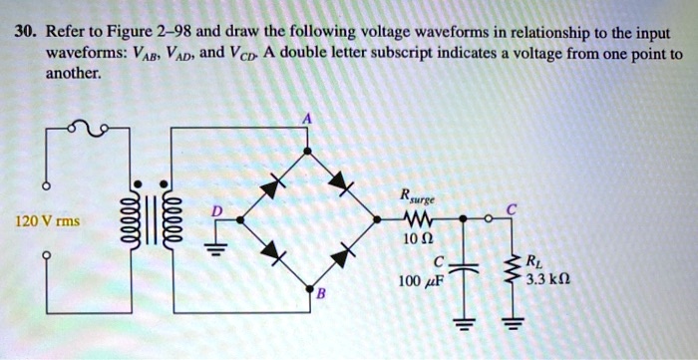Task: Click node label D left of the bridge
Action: click(x=213, y=208)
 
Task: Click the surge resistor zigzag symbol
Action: click(x=418, y=219)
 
